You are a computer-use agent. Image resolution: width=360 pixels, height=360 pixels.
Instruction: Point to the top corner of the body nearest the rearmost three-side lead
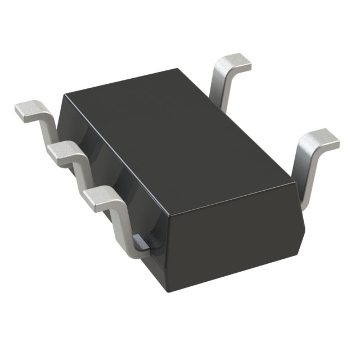click(64, 94)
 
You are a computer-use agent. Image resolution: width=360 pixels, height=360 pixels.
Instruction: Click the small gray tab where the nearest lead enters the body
click(143, 242)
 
